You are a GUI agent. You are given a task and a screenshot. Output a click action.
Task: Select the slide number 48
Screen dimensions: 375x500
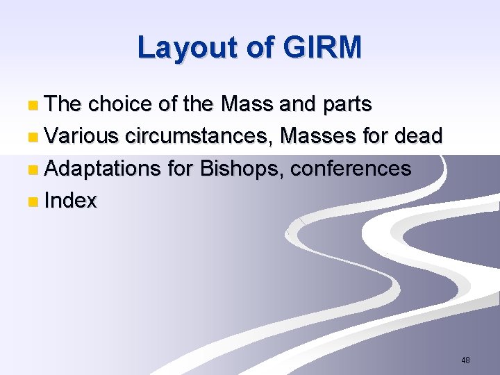pos(465,360)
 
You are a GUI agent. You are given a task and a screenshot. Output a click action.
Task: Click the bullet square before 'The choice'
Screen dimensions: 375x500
pos(34,106)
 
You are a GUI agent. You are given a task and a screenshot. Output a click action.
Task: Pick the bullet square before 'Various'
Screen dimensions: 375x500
pos(34,137)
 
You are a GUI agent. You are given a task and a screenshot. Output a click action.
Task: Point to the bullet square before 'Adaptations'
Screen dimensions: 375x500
pos(34,169)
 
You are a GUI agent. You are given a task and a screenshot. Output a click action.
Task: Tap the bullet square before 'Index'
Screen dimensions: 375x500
pos(34,202)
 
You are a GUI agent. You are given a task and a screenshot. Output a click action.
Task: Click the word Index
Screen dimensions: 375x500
pos(70,201)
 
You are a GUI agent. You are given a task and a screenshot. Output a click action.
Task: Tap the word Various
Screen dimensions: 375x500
pos(82,136)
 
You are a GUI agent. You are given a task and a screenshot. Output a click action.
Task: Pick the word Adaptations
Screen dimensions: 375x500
pos(105,169)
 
